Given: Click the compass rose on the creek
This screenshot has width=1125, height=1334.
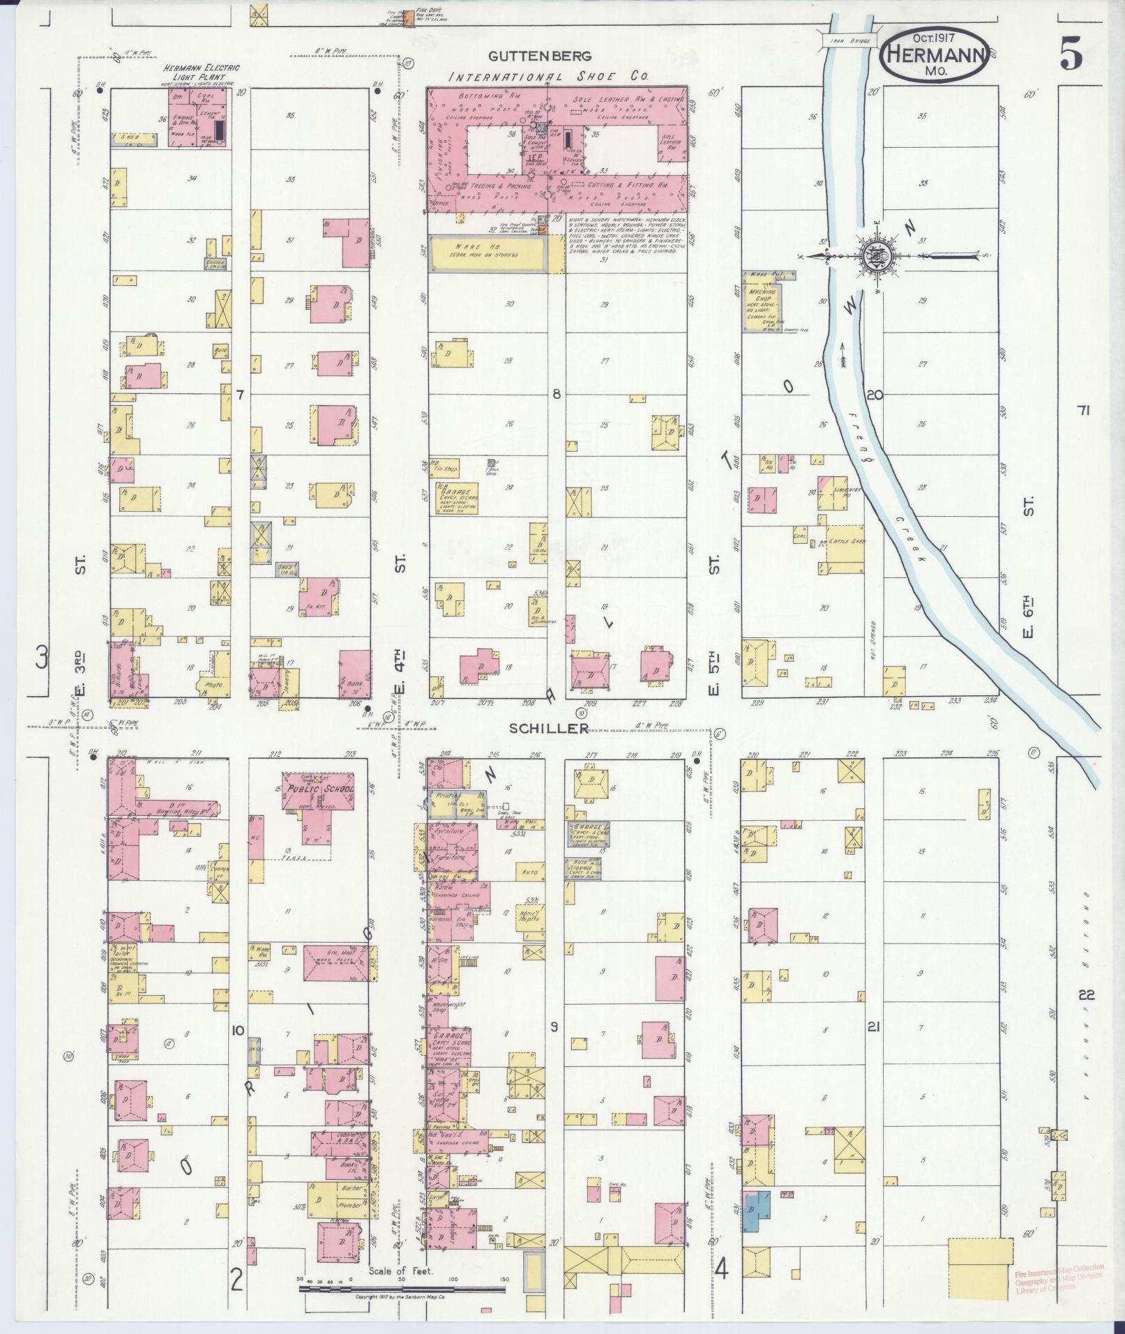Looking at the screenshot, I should [x=873, y=257].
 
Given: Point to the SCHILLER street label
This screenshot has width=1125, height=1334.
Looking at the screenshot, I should [x=549, y=727].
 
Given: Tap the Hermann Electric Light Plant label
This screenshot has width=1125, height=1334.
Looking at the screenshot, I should [x=201, y=72].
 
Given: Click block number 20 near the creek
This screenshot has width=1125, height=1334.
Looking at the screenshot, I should [x=875, y=395].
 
